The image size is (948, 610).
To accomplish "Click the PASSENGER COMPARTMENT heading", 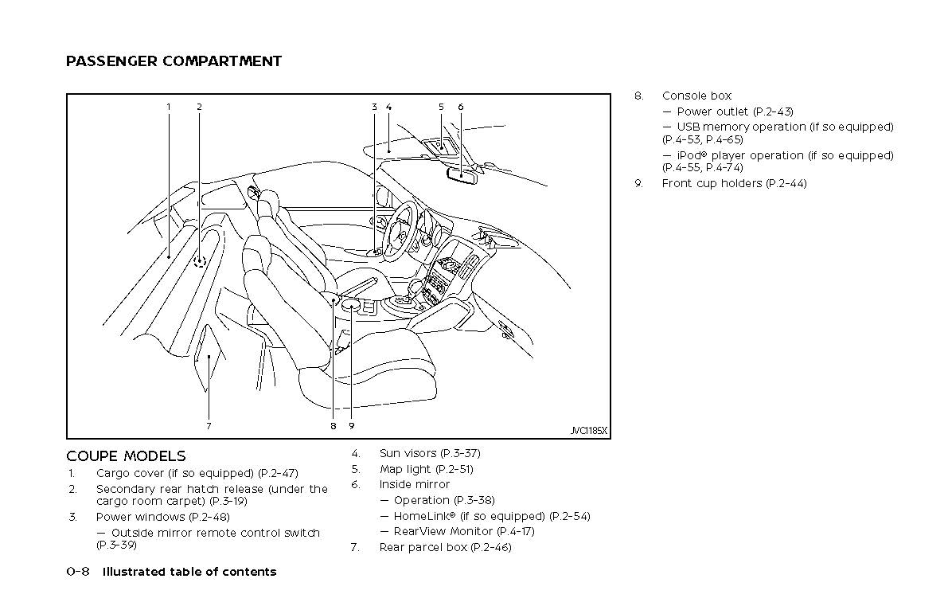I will pos(174,61).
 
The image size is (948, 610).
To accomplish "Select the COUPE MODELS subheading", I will pos(126,456).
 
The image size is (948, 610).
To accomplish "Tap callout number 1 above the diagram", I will pos(169,107).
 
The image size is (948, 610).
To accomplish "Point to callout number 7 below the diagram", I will pos(209,426).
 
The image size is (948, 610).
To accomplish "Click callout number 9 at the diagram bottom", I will pos(351,426).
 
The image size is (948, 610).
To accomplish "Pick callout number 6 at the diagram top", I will pos(461,107).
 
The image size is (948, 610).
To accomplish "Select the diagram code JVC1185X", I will pos(588,431).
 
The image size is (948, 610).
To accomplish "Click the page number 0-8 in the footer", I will pos(77,572).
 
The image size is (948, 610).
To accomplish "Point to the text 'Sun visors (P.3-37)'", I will pos(430,453).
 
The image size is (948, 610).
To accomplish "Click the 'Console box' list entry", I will pos(696,96).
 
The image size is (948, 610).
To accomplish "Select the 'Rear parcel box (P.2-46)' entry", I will pos(445,547).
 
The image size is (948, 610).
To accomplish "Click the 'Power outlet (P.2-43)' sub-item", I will pos(735,111).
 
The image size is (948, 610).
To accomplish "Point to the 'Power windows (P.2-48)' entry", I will pos(151,517).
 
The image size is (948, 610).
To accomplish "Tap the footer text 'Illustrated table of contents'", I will pos(189,572).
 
